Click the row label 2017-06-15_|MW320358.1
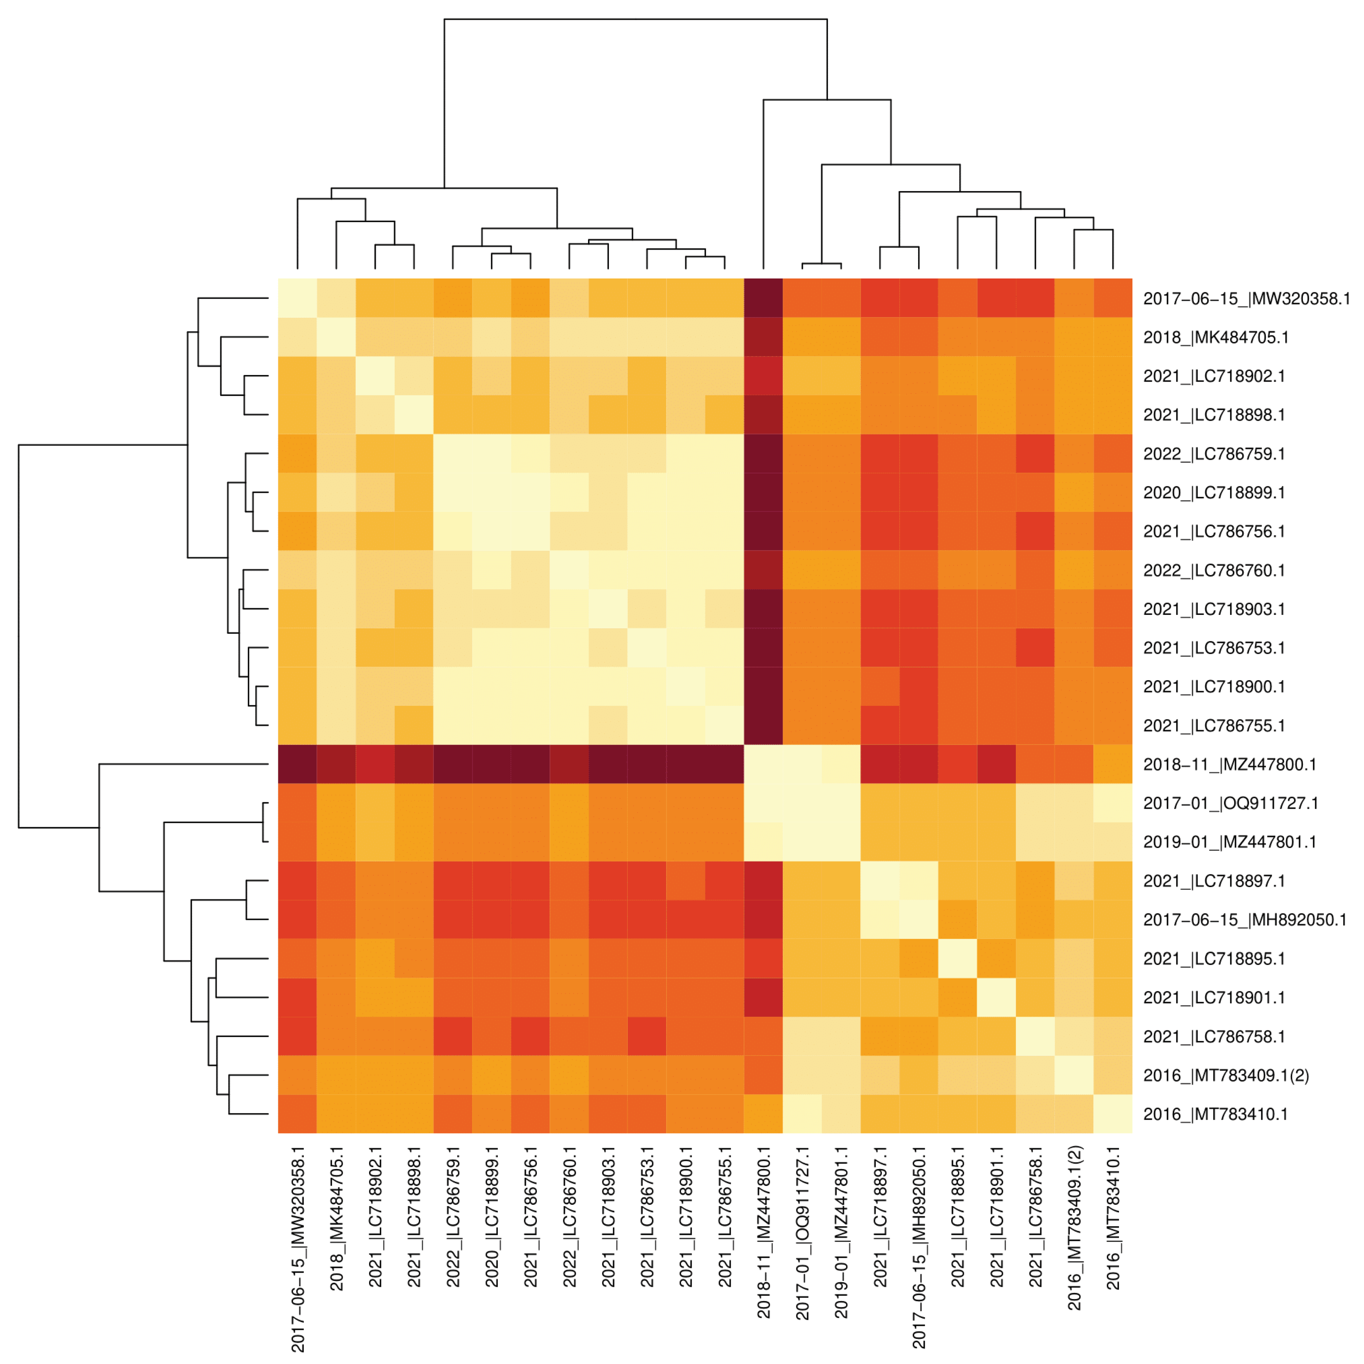(1246, 299)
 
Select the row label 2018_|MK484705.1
(1216, 338)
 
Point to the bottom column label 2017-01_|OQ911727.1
(802, 1232)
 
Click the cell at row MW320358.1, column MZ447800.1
(763, 298)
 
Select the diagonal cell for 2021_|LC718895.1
(958, 958)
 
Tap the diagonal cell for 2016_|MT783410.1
(1113, 1113)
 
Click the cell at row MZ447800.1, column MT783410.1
(1113, 764)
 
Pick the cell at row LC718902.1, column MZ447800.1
(763, 376)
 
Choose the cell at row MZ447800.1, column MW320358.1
(297, 764)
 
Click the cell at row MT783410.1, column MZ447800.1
(763, 1113)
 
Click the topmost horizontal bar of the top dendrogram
(635, 19)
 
